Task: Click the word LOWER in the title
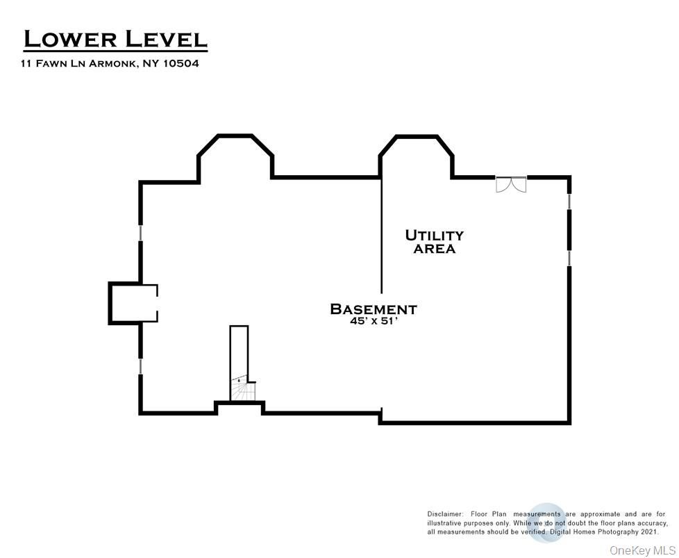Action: point(70,39)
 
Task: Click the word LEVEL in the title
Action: point(166,39)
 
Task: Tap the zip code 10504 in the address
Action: point(181,63)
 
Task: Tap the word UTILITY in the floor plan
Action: point(434,236)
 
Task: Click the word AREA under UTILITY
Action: point(434,249)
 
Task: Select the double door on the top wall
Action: point(511,184)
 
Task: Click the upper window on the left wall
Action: point(141,232)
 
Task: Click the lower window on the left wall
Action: point(141,366)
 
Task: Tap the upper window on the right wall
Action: point(569,201)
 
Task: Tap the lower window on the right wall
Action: point(569,258)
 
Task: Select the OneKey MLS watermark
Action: point(642,550)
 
